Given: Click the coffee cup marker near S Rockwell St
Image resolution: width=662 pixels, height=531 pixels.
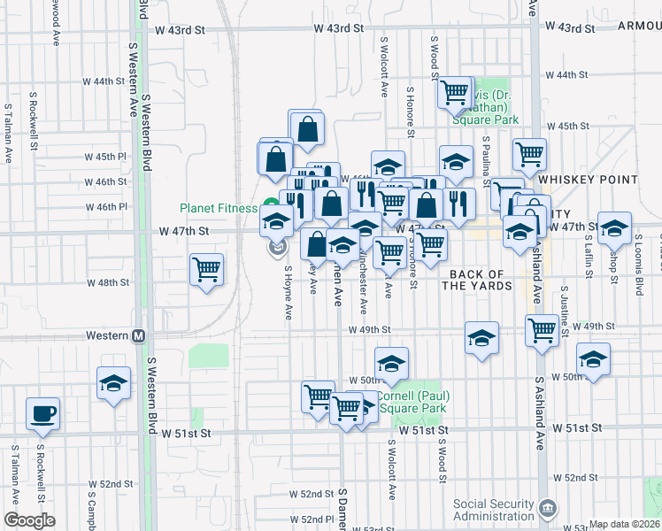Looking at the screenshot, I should coord(42,414).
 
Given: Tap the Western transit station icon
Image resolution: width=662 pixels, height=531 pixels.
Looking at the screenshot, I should coord(138,336).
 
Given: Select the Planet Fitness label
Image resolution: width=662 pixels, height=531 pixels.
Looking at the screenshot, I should coord(219,208).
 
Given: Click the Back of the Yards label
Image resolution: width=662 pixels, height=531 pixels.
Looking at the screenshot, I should coord(479,280).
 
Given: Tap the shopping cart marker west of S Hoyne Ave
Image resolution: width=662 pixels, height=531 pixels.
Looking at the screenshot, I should coord(206,269).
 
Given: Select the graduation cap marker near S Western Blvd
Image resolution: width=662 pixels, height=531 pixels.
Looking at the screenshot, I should coord(113,384).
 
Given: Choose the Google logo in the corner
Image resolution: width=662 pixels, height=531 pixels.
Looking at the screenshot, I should coord(28,520).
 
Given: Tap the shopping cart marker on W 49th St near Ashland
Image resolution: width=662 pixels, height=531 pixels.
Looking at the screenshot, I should coord(542,330).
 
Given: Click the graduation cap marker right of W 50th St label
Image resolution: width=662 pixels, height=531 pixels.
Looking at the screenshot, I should coord(391,363).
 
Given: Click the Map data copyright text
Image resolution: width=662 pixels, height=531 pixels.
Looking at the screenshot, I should coord(625,524).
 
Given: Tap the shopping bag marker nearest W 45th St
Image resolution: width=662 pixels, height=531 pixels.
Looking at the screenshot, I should coord(306,128).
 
